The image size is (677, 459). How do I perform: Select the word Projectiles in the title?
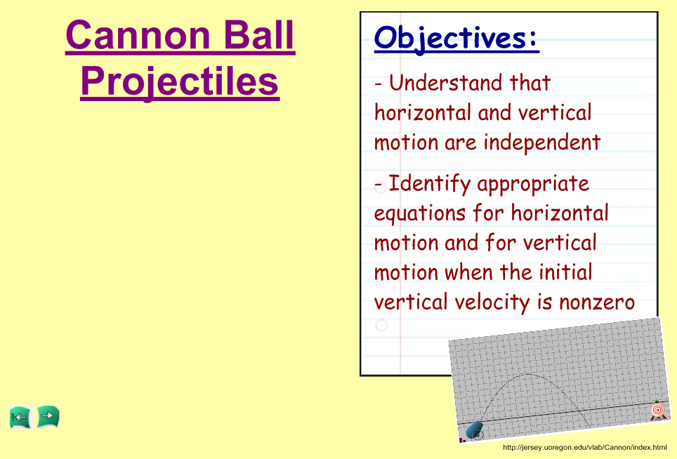180,82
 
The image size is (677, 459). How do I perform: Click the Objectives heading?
456,39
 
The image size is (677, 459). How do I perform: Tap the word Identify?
429,184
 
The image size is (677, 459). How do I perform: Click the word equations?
420,214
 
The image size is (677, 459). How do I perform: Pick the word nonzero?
597,302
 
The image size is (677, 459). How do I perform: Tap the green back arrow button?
21,417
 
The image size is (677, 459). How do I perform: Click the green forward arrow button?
48,417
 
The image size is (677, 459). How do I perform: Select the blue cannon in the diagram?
474,430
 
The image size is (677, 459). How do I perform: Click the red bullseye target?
657,410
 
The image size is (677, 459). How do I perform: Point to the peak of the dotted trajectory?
527,374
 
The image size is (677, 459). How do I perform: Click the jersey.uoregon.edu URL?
584,447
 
